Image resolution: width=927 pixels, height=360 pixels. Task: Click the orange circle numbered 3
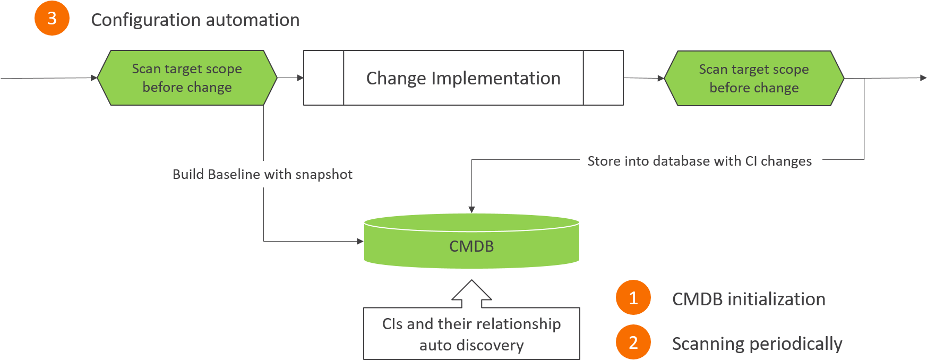coord(52,19)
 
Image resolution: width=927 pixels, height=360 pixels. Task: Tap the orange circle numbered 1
coord(633,298)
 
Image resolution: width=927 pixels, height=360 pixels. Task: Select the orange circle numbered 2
coord(633,342)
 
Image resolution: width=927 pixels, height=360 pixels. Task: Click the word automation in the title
coord(252,20)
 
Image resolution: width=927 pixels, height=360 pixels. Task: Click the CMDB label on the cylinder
coord(471,246)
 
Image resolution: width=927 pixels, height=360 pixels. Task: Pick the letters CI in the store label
coord(751,161)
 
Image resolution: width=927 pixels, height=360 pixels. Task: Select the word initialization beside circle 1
coord(776,299)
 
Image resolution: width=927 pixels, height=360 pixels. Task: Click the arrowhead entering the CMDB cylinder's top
coord(471,210)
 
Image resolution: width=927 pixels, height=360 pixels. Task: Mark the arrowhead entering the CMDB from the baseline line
coord(360,242)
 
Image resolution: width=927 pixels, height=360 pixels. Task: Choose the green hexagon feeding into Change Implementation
coord(187,78)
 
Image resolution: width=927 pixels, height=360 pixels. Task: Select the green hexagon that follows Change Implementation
coord(754,79)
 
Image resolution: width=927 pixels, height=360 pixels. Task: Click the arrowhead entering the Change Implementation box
coord(300,78)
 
